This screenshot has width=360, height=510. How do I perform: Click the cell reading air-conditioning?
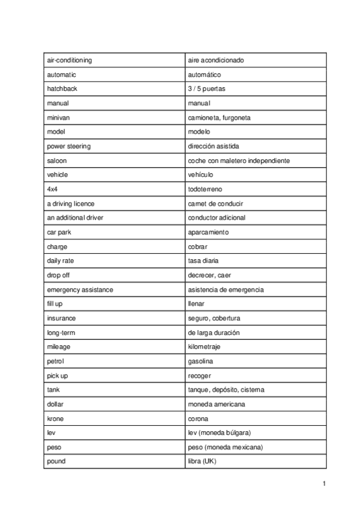click(x=69, y=60)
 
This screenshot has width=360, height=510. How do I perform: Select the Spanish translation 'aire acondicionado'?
click(x=216, y=60)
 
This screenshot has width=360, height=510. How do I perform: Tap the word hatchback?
click(x=62, y=89)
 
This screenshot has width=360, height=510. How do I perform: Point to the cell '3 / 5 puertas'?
click(x=207, y=89)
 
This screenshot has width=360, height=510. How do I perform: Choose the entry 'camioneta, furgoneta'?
click(x=219, y=118)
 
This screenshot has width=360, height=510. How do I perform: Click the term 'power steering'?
click(x=69, y=146)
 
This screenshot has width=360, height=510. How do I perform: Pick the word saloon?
click(x=57, y=161)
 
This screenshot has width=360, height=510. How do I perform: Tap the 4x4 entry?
click(x=52, y=189)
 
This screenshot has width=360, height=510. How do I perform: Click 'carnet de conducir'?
click(x=215, y=204)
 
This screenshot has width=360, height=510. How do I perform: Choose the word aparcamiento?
click(x=208, y=232)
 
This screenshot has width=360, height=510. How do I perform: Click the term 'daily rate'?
click(x=61, y=261)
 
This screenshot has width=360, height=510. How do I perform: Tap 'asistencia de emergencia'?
click(x=225, y=290)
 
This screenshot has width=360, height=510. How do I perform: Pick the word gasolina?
click(x=200, y=361)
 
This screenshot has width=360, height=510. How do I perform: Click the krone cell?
click(x=55, y=419)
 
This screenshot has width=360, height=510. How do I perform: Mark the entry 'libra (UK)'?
click(x=202, y=461)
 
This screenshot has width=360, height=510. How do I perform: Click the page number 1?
click(x=324, y=484)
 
